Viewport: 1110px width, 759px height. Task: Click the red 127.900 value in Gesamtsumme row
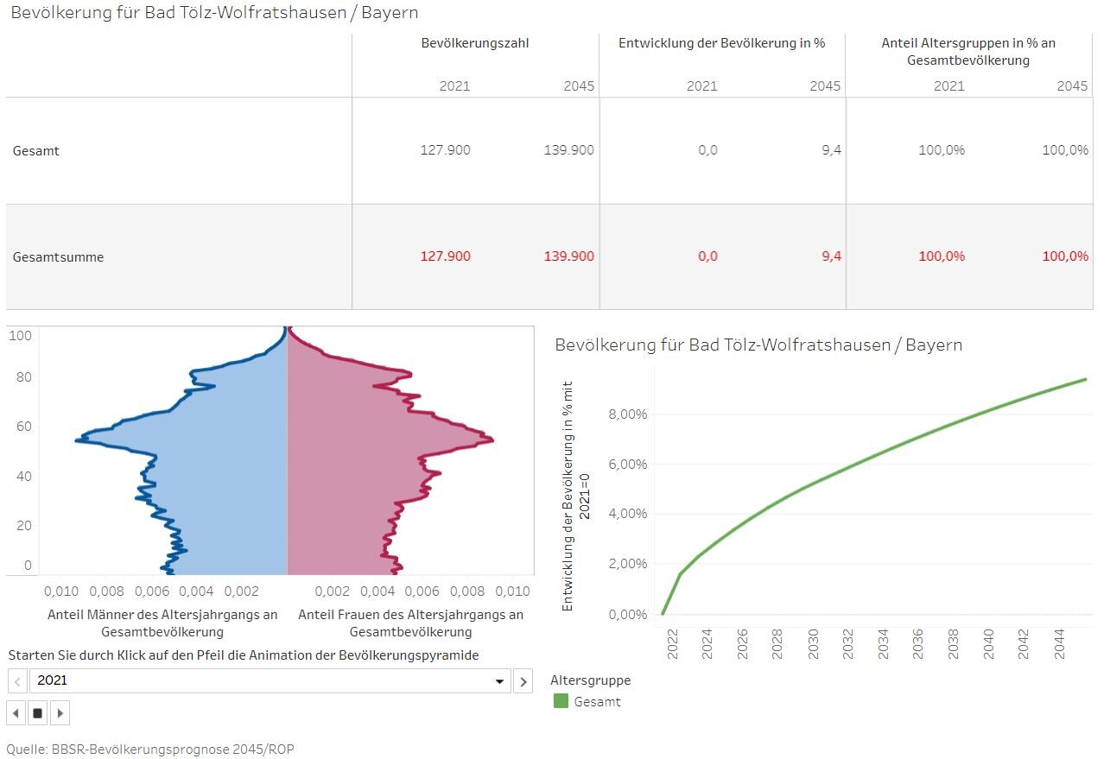445,256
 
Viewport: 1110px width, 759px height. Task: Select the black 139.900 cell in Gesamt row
568,150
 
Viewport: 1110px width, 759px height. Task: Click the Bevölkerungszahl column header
475,43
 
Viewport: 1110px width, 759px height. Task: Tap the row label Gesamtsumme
58,257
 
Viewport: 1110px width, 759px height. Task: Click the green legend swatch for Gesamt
561,701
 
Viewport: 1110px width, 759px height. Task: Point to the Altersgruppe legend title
590,680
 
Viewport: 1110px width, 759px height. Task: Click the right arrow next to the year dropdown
523,681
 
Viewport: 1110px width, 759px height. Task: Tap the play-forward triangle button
60,713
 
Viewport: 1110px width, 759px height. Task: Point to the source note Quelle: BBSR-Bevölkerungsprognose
150,749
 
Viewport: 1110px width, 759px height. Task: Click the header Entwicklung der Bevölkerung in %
721,43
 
